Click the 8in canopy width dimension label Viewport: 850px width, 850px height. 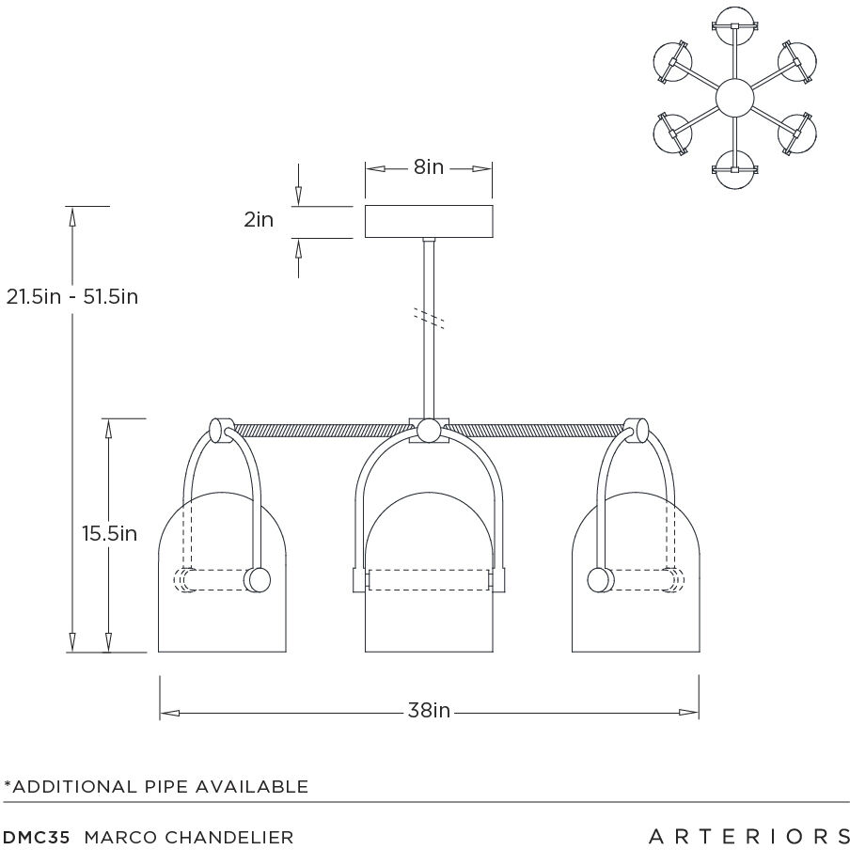[x=428, y=168]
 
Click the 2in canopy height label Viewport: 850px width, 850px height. [x=259, y=220]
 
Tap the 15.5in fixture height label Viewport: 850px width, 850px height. [x=109, y=533]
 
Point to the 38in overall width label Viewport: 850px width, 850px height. [x=429, y=711]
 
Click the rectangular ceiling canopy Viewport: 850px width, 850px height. [x=429, y=221]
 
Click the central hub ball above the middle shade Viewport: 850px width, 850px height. [x=429, y=432]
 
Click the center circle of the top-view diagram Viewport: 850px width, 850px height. [x=734, y=98]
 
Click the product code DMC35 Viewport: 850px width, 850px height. [x=37, y=836]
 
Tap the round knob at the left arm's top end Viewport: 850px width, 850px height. [x=220, y=432]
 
